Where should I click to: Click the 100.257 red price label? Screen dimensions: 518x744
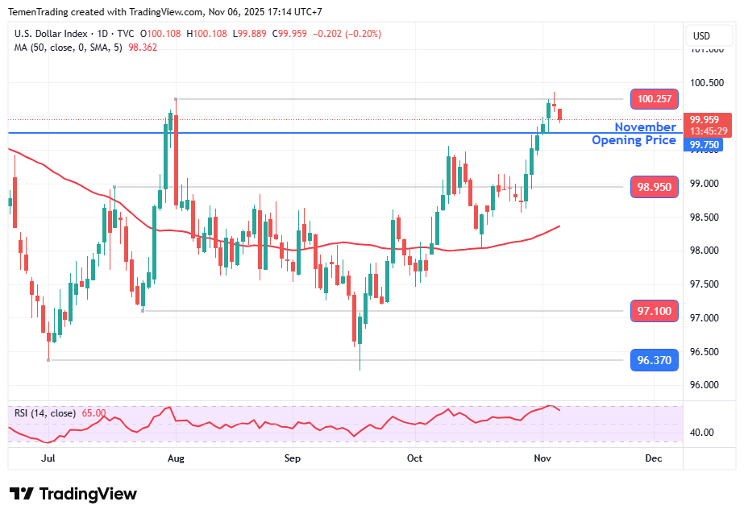click(655, 99)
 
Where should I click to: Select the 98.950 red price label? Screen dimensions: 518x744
click(655, 187)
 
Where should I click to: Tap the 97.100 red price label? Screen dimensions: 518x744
click(655, 311)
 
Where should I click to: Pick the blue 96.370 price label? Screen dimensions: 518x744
click(655, 360)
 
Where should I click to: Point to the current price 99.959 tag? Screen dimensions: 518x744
click(709, 120)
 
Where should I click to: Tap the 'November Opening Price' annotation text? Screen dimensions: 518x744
click(634, 134)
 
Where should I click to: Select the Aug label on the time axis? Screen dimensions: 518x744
click(177, 458)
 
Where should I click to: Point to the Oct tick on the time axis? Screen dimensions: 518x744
click(414, 458)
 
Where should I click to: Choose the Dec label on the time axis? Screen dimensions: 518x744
click(654, 458)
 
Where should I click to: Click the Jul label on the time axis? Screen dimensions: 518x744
click(48, 458)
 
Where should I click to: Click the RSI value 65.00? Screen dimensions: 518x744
click(94, 413)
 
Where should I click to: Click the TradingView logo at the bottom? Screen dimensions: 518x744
click(73, 494)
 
